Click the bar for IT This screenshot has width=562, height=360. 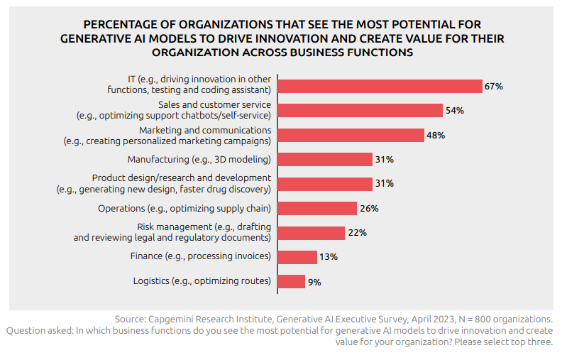pos(380,86)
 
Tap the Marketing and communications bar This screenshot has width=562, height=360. pos(351,135)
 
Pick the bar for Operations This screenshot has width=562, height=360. pos(316,208)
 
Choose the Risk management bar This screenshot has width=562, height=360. pos(311,233)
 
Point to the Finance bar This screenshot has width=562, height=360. pos(297,257)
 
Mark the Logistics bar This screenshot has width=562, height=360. pos(291,281)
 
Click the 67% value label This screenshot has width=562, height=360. pos(494,86)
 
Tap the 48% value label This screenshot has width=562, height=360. pos(436,135)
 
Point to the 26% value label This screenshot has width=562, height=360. pos(369,209)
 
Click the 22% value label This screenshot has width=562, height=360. pos(358,233)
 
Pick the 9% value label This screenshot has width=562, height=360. pos(315,282)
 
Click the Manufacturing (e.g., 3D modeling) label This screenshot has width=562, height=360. pos(199,159)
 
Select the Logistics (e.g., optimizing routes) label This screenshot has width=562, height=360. pos(202,280)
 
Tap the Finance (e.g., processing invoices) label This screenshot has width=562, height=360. pos(200,256)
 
